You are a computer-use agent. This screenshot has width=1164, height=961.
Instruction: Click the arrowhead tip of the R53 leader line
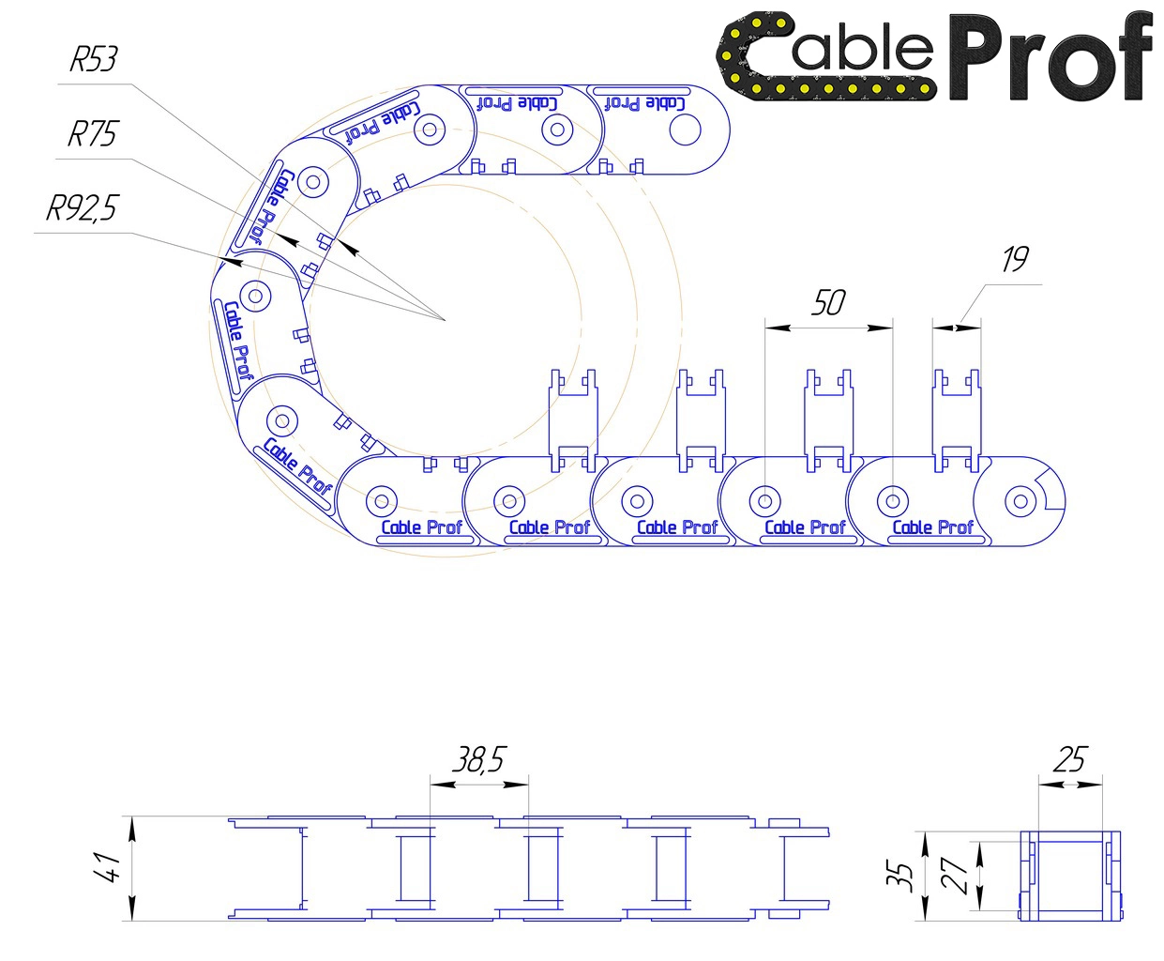339,240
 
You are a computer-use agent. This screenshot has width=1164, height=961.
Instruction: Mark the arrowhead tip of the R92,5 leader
223,259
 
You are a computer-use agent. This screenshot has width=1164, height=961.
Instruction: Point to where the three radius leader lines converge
446,320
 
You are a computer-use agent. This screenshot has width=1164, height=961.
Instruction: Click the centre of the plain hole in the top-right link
685,130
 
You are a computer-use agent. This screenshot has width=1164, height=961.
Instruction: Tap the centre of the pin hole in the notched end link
1020,501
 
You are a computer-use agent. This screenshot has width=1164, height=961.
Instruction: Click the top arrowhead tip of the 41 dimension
132,817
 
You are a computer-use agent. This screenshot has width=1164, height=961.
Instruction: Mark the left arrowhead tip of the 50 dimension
765,328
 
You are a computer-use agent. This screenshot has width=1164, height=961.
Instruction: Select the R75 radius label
92,134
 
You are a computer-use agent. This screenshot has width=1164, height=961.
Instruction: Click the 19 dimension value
1015,259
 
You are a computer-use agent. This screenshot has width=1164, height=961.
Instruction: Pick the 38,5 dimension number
478,759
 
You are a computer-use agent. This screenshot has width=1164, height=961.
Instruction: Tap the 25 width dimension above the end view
1070,759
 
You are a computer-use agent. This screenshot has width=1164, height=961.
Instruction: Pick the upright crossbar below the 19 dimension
957,420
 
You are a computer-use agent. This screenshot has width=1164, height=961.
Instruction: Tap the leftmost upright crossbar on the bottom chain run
573,420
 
